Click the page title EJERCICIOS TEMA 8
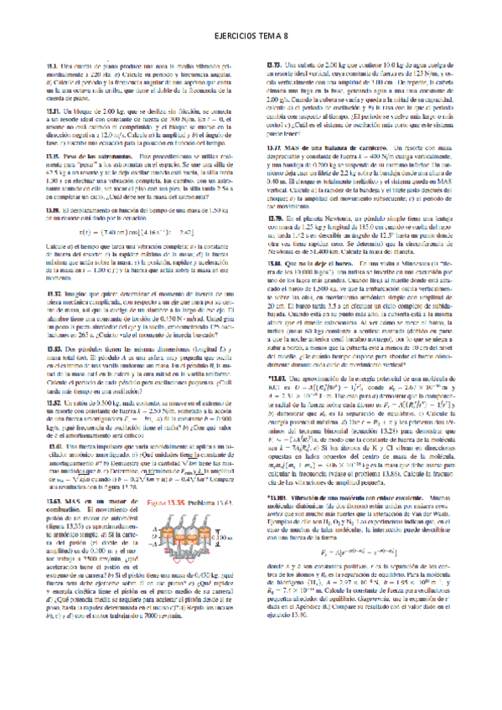pyautogui.click(x=251, y=36)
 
